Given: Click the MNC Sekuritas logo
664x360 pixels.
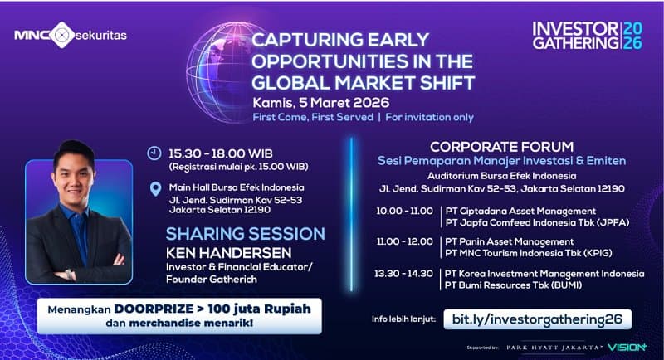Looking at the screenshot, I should click(x=76, y=36).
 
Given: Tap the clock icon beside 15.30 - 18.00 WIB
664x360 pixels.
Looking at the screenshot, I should click(x=154, y=153).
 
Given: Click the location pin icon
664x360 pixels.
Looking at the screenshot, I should click(x=154, y=188).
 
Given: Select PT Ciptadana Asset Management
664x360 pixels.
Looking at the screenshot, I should click(x=520, y=211).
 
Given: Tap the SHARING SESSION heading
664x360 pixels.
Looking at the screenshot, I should click(x=245, y=233).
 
